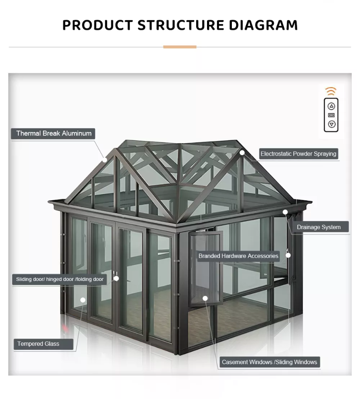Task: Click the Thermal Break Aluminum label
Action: click(54, 134)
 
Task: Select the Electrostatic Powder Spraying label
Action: click(298, 154)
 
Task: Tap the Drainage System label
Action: click(319, 227)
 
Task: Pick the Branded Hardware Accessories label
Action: click(238, 256)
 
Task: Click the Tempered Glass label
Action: click(38, 344)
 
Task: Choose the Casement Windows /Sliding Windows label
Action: click(269, 362)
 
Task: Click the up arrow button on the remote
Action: click(331, 106)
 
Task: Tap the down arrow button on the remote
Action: click(331, 124)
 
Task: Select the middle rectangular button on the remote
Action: click(331, 115)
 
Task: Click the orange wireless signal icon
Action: click(331, 91)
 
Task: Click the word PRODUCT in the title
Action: click(97, 25)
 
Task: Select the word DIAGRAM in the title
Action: click(262, 25)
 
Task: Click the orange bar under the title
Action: click(180, 47)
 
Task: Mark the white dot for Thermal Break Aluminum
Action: click(105, 160)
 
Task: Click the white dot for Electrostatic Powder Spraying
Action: click(242, 152)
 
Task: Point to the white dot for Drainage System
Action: click(285, 212)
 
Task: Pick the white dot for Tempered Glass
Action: click(83, 300)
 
